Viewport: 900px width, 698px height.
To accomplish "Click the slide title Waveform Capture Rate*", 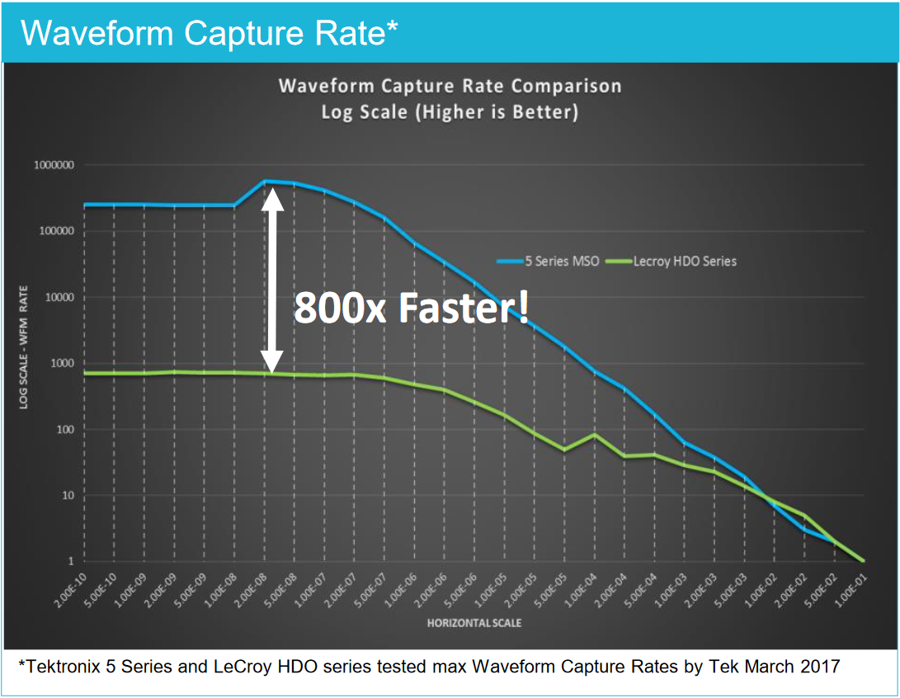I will click(210, 32).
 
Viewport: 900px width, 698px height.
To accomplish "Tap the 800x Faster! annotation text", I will click(411, 309).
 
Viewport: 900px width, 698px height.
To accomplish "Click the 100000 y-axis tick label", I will click(53, 231).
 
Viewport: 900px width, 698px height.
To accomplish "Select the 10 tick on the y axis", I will click(66, 495).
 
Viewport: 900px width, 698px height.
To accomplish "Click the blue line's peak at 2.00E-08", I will click(266, 181).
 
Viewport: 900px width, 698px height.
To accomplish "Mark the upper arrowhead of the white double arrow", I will click(273, 198).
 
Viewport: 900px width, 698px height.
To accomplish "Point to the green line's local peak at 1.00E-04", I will click(594, 434).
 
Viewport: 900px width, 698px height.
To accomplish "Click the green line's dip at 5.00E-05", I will click(564, 450).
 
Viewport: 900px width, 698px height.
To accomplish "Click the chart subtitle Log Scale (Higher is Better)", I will click(450, 112).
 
